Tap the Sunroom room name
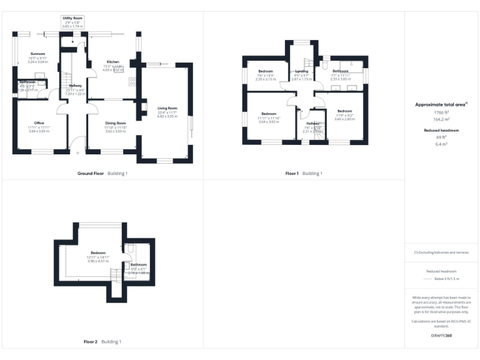tap(37, 54)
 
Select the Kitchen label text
tap(113, 61)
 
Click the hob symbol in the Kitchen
tap(132, 81)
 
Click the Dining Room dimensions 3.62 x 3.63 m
tap(116, 131)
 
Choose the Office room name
tap(39, 122)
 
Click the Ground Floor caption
tap(91, 173)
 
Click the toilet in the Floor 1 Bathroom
tap(324, 63)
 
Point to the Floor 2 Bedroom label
tap(98, 252)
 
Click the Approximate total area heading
tap(441, 104)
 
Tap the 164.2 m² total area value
tap(441, 117)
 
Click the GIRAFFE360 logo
tap(441, 336)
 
